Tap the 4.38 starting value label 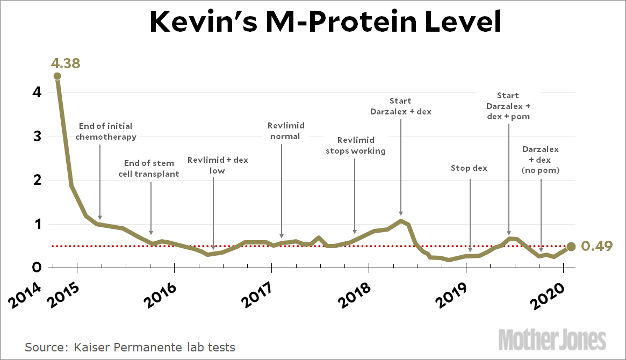pos(66,63)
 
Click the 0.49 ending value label pos(597,247)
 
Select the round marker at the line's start pos(57,76)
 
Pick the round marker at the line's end pos(571,247)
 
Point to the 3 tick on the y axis pos(37,136)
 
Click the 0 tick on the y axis pos(37,267)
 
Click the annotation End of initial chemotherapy pos(105,131)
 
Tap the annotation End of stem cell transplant pos(148,168)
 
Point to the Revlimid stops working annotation pos(355,146)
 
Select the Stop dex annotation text pos(469,168)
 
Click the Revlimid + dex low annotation pos(218,165)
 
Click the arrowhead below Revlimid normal pos(282,235)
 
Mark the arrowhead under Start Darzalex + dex pos(401,213)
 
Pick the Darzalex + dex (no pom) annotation pos(541,160)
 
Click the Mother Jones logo pos(552,340)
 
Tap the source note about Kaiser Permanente pos(130,347)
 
